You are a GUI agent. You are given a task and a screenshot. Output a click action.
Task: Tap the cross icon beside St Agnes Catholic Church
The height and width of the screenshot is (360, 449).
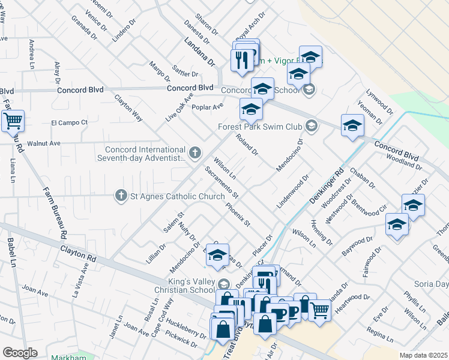[x=121, y=196]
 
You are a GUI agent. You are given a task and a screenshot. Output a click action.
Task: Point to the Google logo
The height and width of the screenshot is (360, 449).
[x=20, y=353]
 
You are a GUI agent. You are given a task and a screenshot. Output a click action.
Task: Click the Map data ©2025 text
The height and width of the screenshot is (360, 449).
[x=423, y=355]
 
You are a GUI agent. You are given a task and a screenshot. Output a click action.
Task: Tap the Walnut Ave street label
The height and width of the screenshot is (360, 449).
[x=48, y=144]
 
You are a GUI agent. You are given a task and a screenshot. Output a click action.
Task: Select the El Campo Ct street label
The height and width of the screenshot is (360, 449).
[x=69, y=122]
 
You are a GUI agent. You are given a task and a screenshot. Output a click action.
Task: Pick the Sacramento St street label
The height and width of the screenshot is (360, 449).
[x=221, y=183]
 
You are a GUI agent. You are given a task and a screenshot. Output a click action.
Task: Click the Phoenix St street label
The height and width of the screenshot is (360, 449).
[x=238, y=215]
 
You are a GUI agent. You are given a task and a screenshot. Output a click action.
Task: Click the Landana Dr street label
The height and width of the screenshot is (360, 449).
[x=199, y=52]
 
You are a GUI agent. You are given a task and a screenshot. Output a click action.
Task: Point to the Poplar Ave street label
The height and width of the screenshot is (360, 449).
[x=207, y=106]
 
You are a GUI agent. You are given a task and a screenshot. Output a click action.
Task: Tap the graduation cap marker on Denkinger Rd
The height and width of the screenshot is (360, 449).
[x=352, y=127]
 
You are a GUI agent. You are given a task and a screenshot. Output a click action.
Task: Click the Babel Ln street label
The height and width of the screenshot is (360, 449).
[x=11, y=253]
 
